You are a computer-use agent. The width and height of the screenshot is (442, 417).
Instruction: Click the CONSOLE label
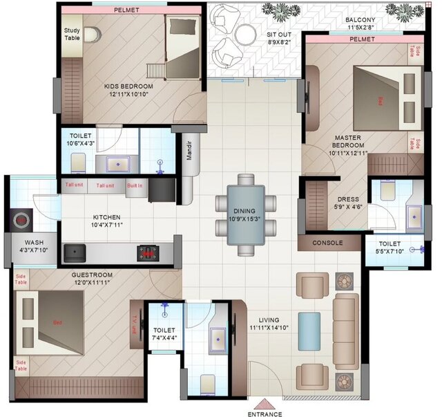328,243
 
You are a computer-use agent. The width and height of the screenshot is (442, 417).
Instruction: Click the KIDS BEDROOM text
129,86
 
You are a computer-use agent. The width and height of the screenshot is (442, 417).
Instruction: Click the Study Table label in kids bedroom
72,35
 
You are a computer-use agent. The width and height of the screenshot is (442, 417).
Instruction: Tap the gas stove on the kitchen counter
147,252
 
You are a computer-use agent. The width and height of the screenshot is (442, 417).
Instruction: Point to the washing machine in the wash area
21,221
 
